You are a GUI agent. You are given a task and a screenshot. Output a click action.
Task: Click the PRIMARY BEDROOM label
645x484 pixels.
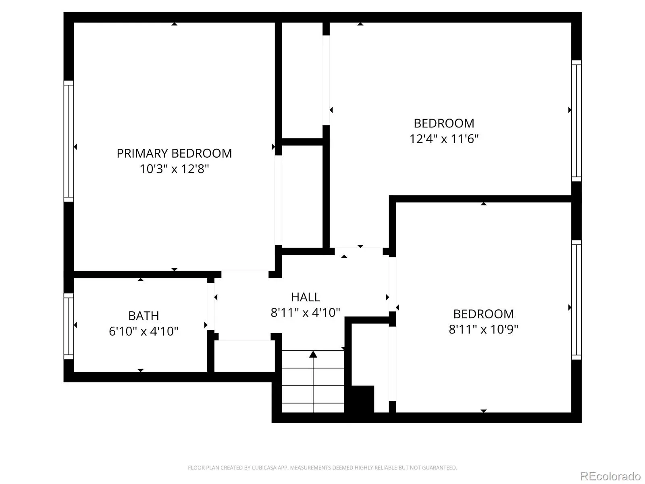174,153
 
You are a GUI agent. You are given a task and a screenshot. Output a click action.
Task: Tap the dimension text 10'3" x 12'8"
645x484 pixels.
174,169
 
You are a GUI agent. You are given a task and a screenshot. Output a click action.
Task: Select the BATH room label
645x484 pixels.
144,316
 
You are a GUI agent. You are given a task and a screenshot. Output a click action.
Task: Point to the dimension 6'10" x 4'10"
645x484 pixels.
144,331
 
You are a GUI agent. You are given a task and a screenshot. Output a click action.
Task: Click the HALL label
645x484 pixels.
306,297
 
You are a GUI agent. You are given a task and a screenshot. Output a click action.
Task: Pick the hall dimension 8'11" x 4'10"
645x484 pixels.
306,313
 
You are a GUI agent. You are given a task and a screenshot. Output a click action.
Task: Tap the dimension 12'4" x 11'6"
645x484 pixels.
444,139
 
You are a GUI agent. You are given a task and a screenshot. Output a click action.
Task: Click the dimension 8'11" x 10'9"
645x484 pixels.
483,329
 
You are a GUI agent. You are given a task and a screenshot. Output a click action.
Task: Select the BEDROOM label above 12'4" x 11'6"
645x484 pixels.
444,123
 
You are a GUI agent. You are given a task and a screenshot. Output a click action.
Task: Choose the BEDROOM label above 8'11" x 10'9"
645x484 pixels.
483,314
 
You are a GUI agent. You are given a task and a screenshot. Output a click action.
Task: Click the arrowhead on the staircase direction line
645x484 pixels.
313,354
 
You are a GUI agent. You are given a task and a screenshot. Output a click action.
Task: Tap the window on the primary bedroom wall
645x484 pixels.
69,141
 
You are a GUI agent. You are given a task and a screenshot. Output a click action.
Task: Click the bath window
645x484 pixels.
69,326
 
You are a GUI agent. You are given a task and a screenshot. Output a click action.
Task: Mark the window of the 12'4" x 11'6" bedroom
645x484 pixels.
576,121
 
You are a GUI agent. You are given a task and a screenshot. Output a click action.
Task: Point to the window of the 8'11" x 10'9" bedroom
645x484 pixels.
576,300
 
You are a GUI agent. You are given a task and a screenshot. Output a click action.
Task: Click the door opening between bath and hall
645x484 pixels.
211,306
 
